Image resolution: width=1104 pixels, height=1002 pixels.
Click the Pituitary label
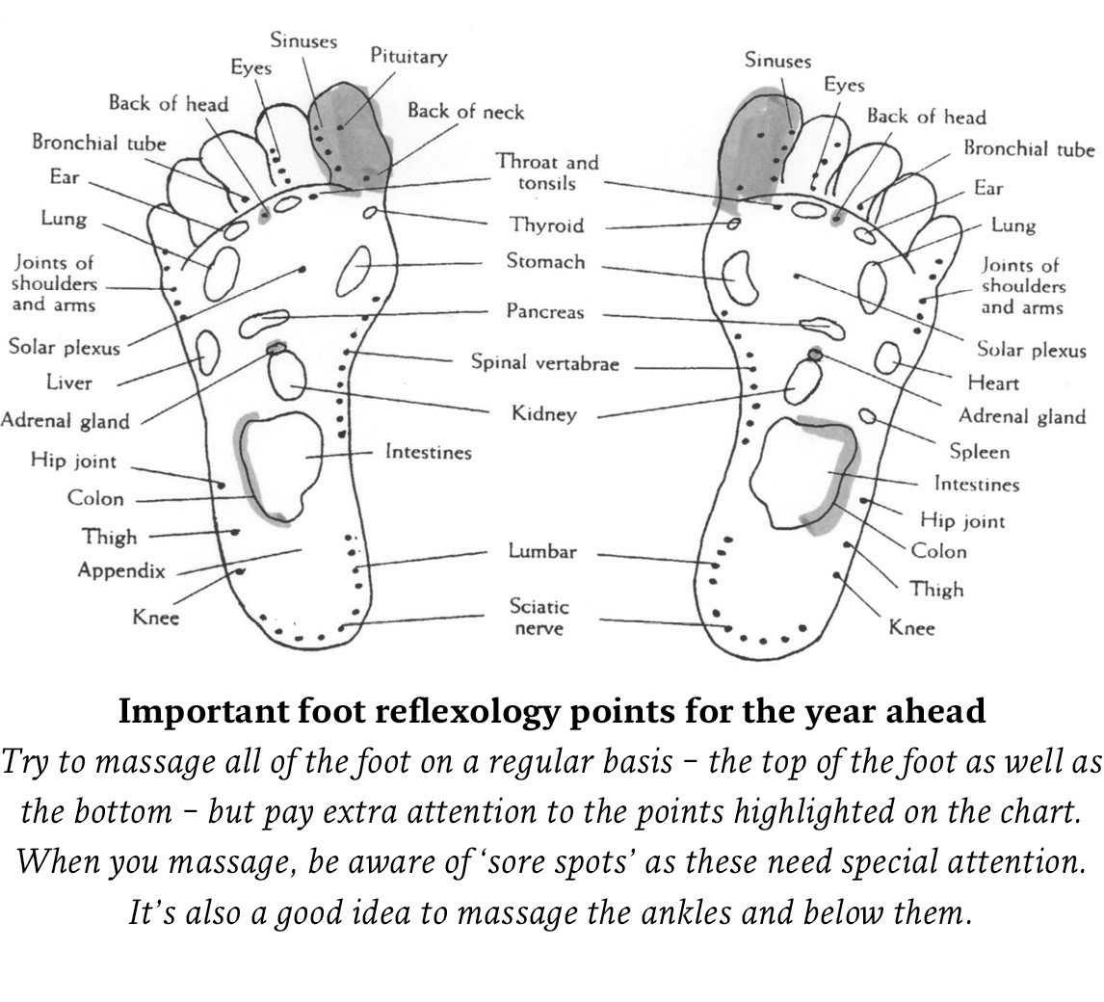coord(408,57)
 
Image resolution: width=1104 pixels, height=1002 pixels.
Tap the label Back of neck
coord(465,112)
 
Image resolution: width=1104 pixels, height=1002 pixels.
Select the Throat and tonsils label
coord(547,172)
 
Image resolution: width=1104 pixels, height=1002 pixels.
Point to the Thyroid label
coord(546,225)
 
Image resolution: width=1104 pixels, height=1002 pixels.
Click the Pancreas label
coord(545,312)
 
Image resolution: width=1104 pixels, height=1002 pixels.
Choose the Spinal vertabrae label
coord(544,363)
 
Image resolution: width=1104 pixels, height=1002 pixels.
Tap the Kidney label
coord(544,414)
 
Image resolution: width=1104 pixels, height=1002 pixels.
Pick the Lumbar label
coord(542,551)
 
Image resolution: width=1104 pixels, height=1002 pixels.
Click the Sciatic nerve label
coord(539,617)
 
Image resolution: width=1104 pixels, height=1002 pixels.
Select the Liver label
coord(69,382)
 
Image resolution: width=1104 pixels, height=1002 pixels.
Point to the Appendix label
coord(121,570)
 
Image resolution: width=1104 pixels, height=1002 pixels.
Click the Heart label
coord(993,382)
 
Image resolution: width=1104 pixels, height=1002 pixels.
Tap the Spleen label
coord(979,452)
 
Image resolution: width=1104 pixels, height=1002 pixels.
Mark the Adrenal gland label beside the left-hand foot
coord(65,421)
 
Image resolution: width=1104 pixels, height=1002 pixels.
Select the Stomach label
coord(545,261)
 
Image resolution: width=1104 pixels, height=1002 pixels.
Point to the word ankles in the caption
coord(697,911)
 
